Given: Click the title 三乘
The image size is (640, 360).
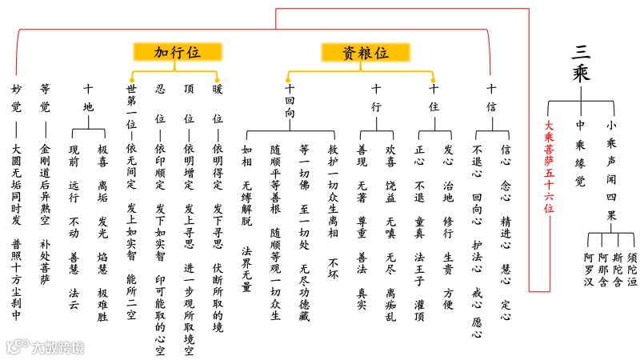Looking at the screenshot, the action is (593, 62).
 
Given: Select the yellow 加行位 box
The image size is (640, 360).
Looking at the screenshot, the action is (178, 53).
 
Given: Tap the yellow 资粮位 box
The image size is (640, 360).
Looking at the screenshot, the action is (366, 53).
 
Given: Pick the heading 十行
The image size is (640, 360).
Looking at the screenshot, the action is (376, 98).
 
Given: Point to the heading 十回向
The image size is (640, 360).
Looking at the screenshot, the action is (290, 102).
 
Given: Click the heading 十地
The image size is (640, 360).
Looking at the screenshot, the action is (88, 98).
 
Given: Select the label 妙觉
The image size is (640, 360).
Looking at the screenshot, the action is (16, 98).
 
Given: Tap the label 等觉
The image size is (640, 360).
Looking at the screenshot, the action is (45, 98).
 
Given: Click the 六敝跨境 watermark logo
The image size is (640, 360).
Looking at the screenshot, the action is (45, 345).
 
